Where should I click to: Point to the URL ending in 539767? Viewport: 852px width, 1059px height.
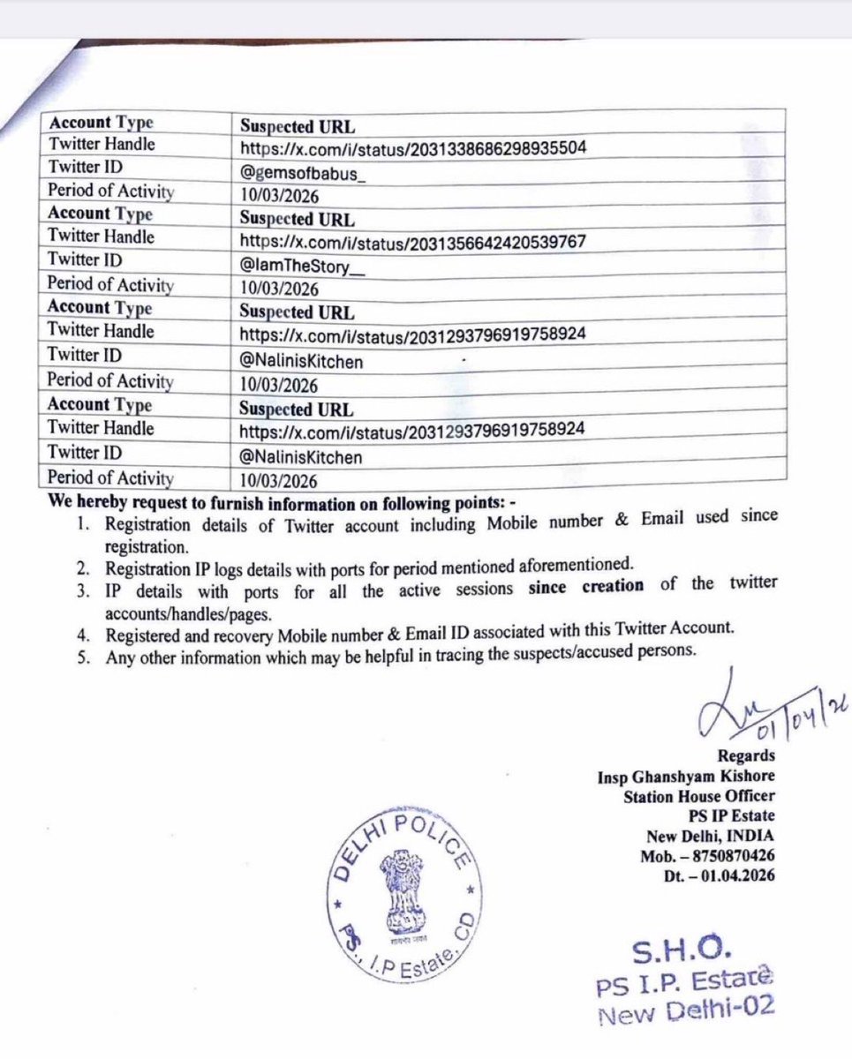[x=413, y=241]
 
